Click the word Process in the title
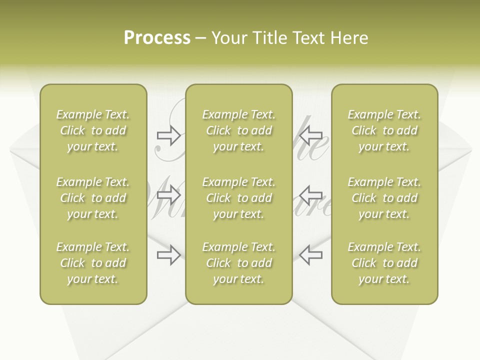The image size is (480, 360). tap(157, 38)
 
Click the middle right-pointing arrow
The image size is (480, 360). tap(169, 194)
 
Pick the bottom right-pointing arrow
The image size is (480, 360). tap(169, 255)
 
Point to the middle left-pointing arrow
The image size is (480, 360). tap(311, 194)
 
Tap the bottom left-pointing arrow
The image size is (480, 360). tap(311, 255)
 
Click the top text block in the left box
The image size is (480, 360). tap(93, 130)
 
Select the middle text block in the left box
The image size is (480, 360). tap(93, 198)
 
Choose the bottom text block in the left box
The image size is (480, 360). tap(93, 263)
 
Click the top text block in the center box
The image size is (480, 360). tap(238, 130)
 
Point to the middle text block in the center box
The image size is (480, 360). tap(238, 198)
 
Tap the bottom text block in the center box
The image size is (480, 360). tap(238, 263)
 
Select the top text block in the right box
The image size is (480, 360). tap(384, 130)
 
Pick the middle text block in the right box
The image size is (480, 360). tap(384, 198)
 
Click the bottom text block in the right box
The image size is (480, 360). tap(384, 263)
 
